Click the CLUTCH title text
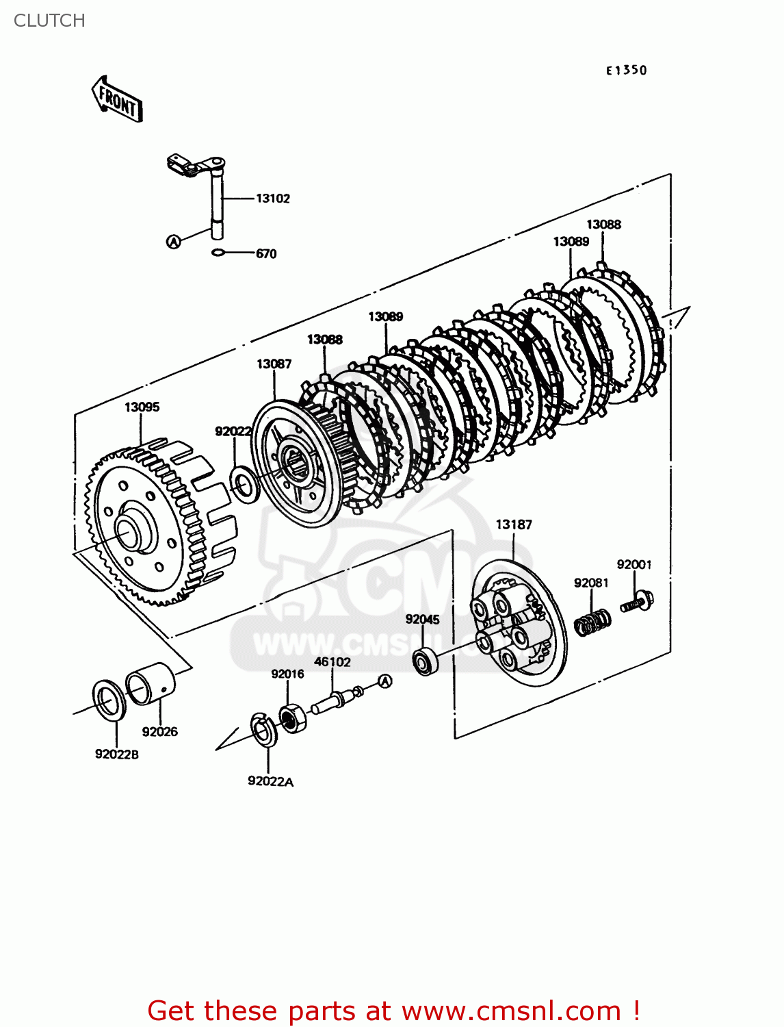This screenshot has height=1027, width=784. point(49,21)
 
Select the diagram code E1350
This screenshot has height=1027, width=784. point(626,70)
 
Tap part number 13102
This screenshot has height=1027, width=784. point(272,199)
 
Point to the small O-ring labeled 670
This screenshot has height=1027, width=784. point(218,253)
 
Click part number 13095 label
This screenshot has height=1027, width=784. point(142,407)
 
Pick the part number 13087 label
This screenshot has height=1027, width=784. point(274,364)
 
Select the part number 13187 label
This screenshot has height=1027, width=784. point(513,524)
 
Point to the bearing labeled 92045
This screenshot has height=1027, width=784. point(425,661)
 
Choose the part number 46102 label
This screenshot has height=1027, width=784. point(332,662)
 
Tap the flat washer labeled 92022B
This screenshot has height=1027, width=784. point(108,700)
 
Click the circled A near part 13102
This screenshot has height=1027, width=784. point(174,241)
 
